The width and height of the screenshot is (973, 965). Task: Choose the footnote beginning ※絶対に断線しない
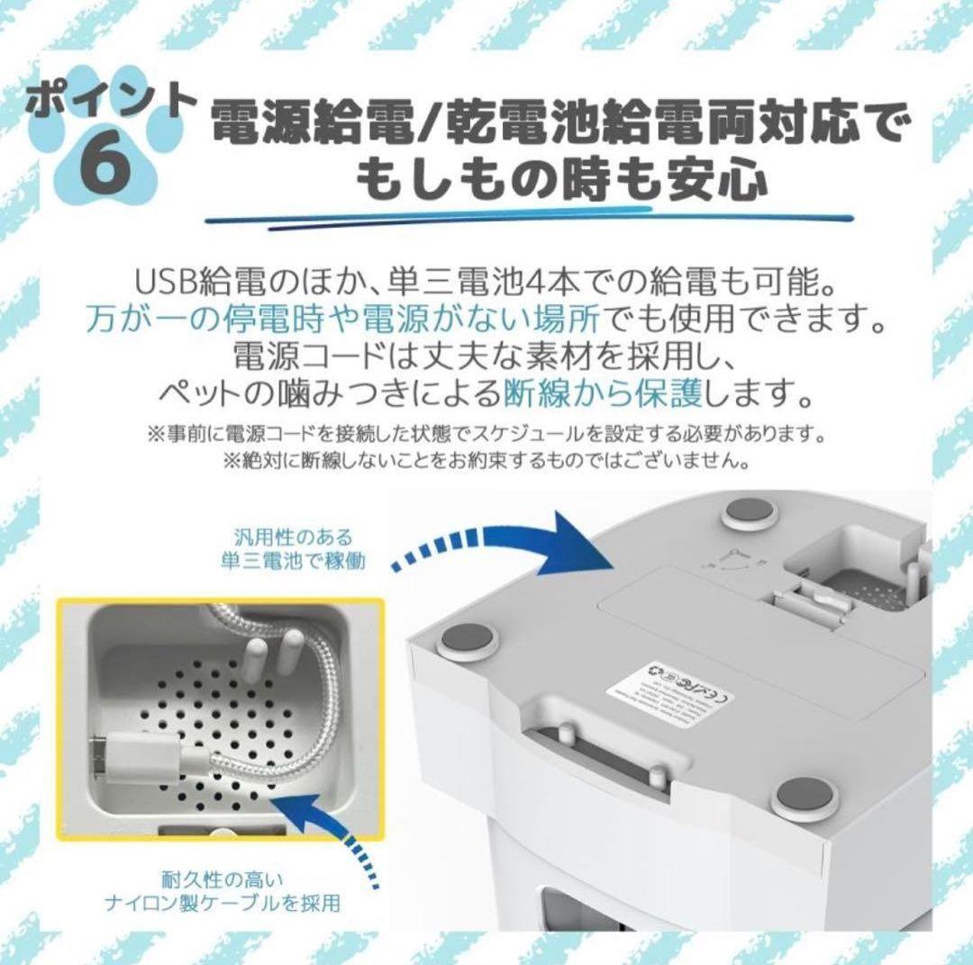[486, 461]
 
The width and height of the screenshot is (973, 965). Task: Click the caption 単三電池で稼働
[282, 563]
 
